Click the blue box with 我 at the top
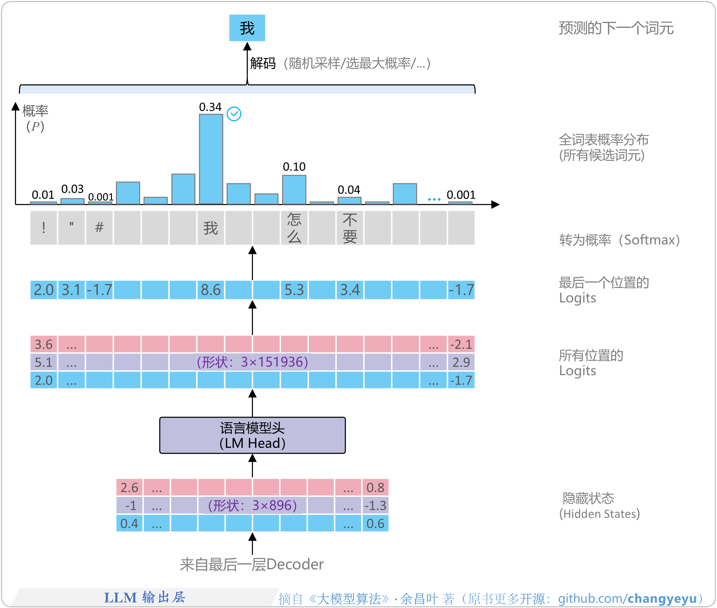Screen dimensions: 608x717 tap(247, 28)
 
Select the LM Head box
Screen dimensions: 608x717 tap(252, 435)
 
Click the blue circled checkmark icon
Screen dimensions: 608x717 tap(234, 114)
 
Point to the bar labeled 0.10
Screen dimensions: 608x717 tap(294, 189)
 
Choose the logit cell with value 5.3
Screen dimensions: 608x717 tap(294, 290)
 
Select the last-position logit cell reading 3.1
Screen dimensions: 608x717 tap(71, 290)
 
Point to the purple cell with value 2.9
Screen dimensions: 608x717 tap(461, 362)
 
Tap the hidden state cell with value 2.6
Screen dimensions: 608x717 tap(129, 488)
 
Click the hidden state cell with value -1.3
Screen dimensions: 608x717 tap(375, 506)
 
